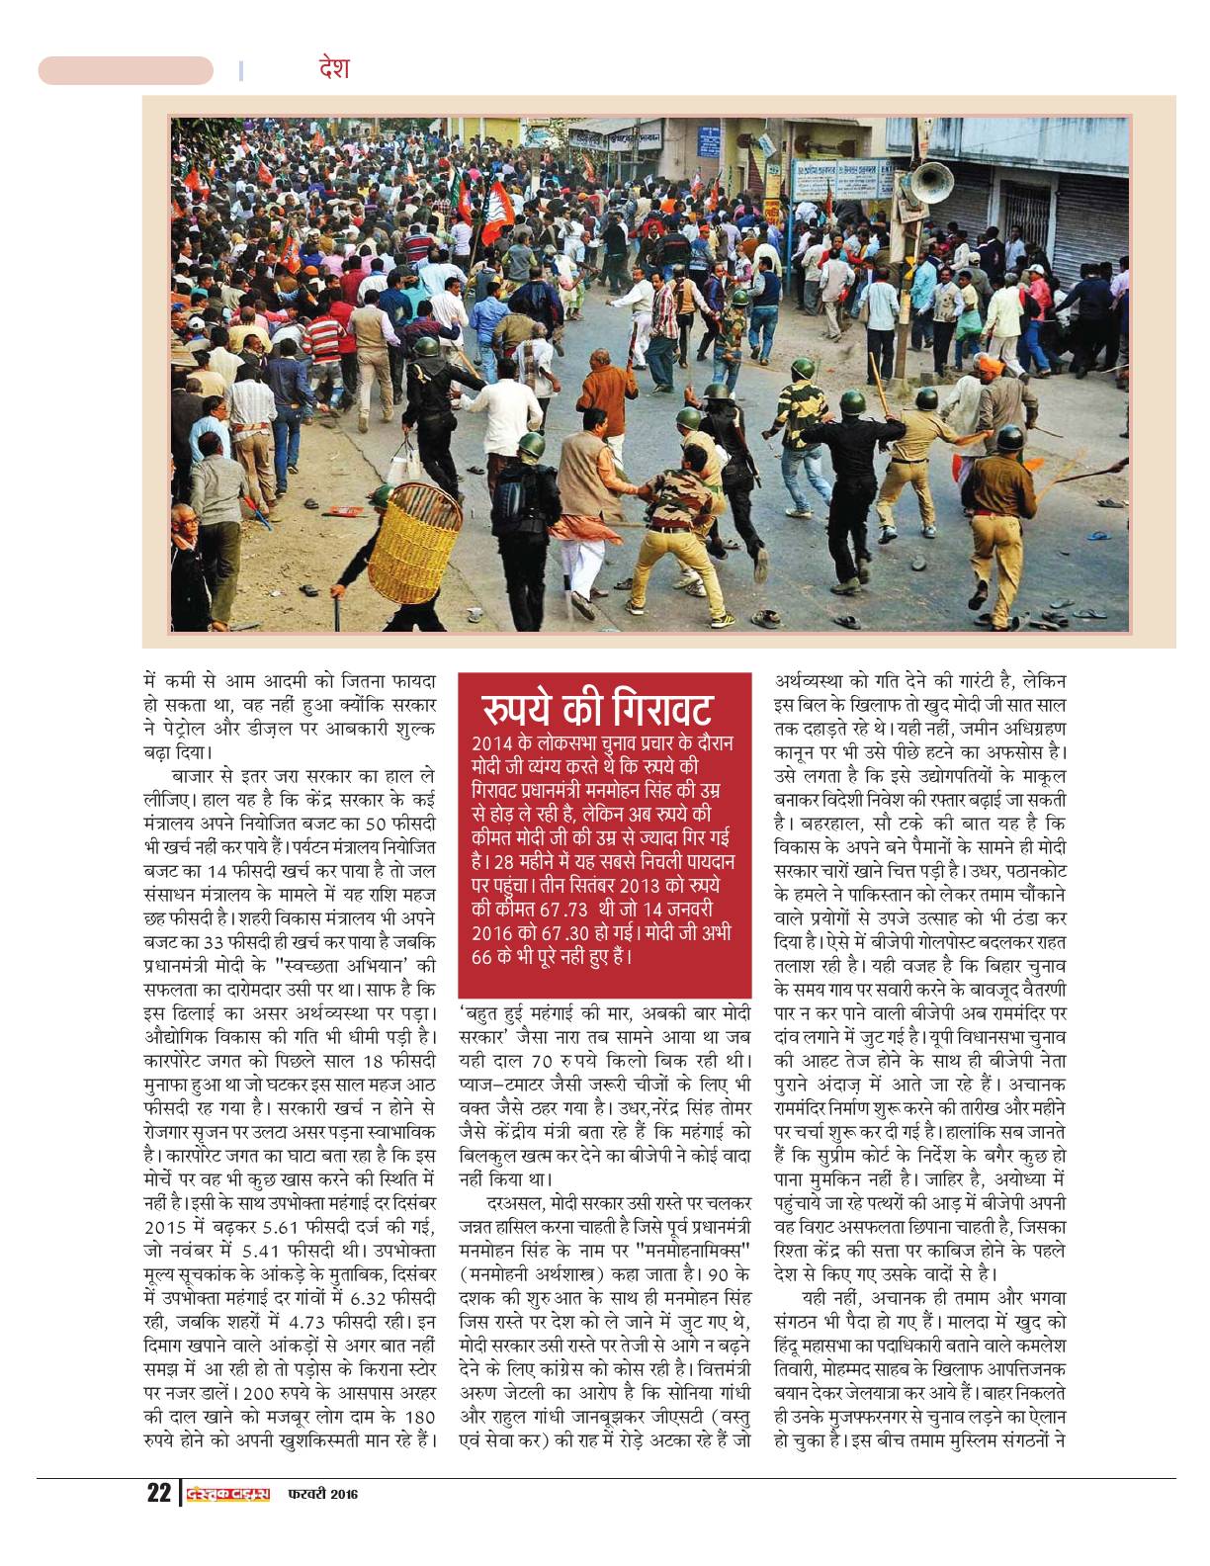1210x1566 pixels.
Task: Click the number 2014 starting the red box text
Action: click(491, 742)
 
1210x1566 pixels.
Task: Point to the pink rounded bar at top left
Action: click(126, 71)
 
